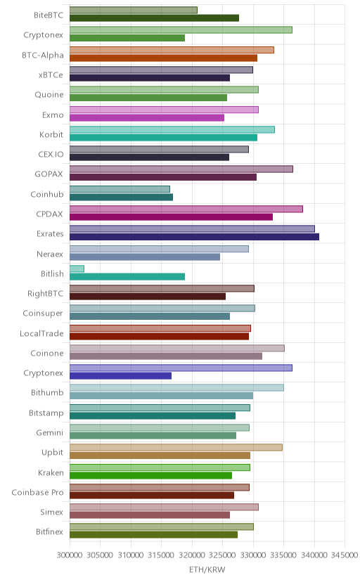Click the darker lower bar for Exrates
194,237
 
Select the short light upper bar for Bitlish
77,269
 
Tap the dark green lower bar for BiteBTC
154,18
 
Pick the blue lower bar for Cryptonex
121,376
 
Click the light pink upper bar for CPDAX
186,209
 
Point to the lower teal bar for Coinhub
122,197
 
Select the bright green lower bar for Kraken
150,475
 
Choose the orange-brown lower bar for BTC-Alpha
163,58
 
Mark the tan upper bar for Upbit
176,447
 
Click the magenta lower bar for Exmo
147,117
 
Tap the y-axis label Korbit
51,134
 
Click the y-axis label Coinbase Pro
37,492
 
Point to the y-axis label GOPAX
49,174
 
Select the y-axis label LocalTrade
41,333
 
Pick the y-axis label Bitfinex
50,531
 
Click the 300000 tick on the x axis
70,555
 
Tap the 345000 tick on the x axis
345,555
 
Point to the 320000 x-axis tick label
192,555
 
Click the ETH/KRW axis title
207,570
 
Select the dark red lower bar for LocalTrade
159,336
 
